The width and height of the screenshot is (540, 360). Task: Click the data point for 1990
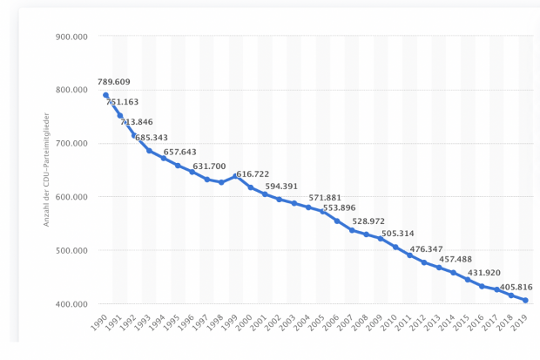(x=106, y=95)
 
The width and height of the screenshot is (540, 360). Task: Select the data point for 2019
(x=526, y=301)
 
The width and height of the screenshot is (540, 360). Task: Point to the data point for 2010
(x=395, y=247)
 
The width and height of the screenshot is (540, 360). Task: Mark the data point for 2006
(x=337, y=221)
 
